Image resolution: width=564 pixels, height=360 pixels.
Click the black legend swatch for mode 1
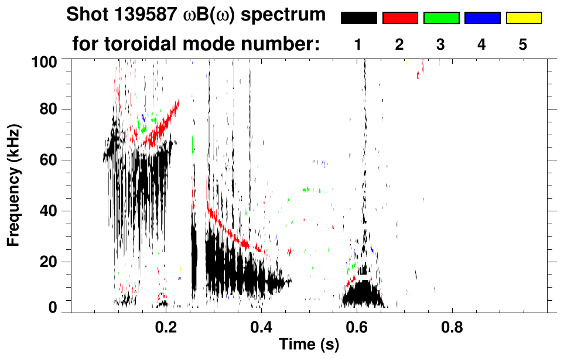(x=358, y=18)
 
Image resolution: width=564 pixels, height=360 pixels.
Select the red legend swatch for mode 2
(x=399, y=18)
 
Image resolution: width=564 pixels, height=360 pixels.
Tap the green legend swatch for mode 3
(x=441, y=18)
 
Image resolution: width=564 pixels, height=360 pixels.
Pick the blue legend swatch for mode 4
(x=482, y=18)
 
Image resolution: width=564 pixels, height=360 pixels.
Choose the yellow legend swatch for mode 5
(x=523, y=18)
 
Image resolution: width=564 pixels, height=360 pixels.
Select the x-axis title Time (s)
(x=309, y=345)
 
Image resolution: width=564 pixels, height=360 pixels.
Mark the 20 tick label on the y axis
(x=50, y=262)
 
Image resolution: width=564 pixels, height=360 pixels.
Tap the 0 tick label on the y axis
(x=55, y=308)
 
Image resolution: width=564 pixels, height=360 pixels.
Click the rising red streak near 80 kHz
(x=164, y=120)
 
